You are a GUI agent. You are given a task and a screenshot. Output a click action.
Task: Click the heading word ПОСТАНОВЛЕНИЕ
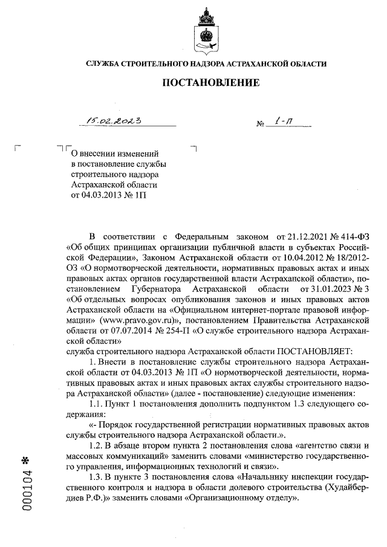point(207,82)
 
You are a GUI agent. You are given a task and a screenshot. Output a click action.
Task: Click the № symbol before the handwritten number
point(261,125)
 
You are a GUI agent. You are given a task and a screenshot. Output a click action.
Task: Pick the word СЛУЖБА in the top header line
point(104,63)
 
